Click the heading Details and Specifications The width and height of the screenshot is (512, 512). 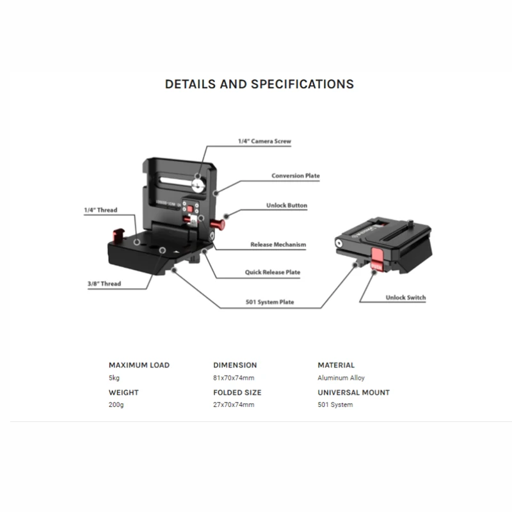pos(259,84)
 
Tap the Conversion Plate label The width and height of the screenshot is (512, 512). pos(295,175)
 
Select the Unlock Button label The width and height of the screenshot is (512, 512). pos(286,206)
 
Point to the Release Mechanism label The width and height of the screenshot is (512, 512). pos(277,244)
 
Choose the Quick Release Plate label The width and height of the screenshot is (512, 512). pos(272,272)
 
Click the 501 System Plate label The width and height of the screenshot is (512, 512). pos(269,302)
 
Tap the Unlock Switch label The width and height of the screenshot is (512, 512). pos(405,297)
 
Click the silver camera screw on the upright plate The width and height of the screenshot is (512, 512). pos(198,184)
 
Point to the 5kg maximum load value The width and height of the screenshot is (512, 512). pos(114,378)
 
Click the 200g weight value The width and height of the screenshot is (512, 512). pos(116,404)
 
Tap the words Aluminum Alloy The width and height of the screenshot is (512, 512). pos(341,378)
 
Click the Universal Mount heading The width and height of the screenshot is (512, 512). pos(353,392)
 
